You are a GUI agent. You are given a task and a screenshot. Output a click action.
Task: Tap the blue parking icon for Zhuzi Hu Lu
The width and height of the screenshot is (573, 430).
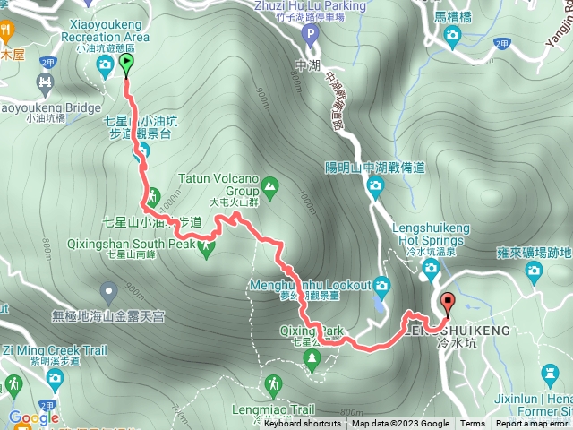[x=310, y=35]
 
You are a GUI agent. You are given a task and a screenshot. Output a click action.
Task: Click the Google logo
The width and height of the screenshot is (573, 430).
[x=34, y=417]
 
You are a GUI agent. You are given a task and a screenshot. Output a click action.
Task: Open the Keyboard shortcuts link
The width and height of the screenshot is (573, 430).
[x=302, y=424]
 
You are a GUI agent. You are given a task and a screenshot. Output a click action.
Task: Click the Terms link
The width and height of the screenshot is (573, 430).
[x=473, y=424]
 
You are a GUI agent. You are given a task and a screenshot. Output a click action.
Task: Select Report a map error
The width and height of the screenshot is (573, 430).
[x=532, y=424]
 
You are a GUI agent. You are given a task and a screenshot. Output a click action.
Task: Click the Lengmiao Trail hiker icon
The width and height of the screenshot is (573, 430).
[x=273, y=386]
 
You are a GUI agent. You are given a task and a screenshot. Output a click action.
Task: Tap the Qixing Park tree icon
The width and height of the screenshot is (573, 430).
[x=312, y=360]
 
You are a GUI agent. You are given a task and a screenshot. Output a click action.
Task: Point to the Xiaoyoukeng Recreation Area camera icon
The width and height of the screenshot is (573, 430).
[x=106, y=64]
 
